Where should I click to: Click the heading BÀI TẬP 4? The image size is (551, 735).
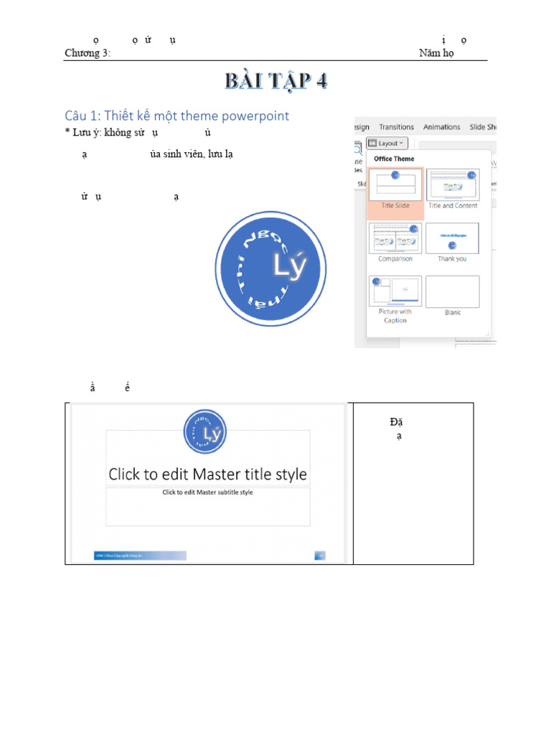point(276,81)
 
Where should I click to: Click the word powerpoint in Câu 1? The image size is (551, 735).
point(255,116)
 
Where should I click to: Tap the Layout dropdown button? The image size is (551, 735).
point(387,143)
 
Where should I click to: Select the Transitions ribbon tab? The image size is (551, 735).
point(396,127)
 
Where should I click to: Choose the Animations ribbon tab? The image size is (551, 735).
point(441,127)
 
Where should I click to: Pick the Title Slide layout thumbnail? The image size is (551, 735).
point(395,184)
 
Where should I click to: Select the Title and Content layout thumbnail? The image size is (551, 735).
point(453,184)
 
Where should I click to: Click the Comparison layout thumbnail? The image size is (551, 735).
point(395,238)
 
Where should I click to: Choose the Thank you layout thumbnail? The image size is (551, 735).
point(452,238)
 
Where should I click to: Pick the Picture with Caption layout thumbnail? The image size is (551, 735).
point(395,291)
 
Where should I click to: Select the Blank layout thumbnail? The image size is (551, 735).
point(452,291)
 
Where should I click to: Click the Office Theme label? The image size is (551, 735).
point(394,159)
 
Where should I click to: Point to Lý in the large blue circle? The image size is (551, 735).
point(289,266)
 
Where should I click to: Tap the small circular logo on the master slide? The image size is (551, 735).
point(205,431)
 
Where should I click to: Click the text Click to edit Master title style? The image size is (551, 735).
point(207,474)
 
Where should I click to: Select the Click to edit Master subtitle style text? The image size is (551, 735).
point(207,492)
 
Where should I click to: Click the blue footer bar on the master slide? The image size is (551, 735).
point(140,555)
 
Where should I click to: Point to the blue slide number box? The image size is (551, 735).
point(320,555)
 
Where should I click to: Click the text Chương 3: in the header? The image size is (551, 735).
point(88,53)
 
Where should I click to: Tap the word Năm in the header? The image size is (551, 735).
point(429,53)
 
